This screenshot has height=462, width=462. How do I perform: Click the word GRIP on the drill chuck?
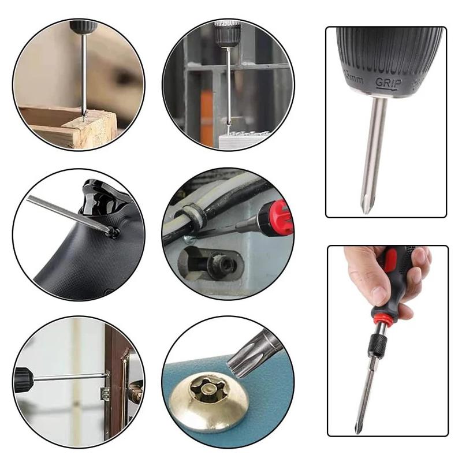click(x=388, y=83)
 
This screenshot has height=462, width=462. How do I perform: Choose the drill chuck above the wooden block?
click(x=81, y=26)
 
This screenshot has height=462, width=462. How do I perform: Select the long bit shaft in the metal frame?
click(x=229, y=87)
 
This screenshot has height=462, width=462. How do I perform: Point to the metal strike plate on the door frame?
click(x=106, y=393)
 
